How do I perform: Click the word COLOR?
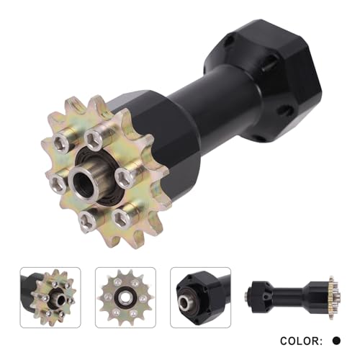(300, 341)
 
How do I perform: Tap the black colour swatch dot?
(336, 341)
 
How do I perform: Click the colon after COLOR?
(321, 341)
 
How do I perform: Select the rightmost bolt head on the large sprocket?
(123, 176)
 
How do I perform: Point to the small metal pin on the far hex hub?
(267, 66)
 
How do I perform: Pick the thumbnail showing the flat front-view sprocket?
(125, 297)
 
